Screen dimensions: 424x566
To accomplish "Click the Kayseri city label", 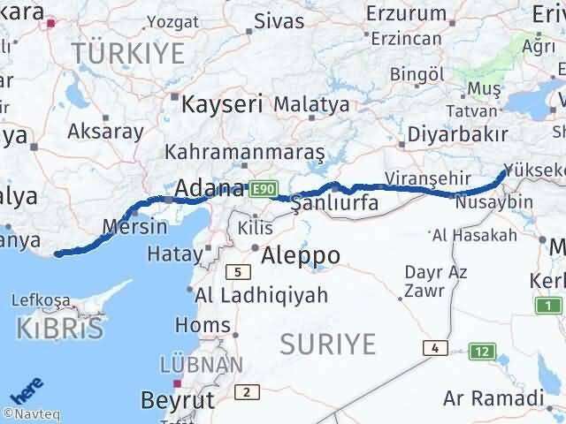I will [222, 103].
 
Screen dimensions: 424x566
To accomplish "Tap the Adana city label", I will [210, 188].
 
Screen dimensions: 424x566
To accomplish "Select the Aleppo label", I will [302, 255].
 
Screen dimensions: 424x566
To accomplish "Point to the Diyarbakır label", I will [458, 134].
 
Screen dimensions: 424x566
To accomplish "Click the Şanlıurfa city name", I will [335, 203].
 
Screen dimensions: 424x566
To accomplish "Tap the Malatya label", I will [311, 104].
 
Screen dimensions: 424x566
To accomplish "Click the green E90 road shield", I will [264, 189].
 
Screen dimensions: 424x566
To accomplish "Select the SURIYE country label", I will [328, 343].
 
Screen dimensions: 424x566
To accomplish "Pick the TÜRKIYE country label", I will [128, 52].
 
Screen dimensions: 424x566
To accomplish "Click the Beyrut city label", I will [178, 400].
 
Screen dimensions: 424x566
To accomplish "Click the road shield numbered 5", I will [237, 272].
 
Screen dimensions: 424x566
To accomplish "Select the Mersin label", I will [134, 226].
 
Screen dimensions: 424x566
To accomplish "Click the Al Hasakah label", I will [473, 235].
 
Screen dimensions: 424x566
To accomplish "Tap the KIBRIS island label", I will [59, 329].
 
